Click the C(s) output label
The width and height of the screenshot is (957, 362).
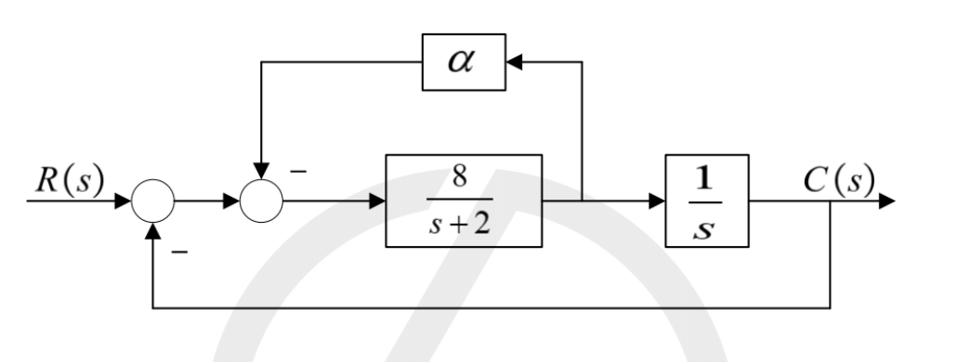pos(839,180)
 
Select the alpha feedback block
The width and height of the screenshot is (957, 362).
pos(464,62)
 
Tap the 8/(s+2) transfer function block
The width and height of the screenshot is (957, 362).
pos(464,200)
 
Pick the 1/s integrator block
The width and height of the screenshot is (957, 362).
pos(707,200)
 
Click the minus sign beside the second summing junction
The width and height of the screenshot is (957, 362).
pos(298,172)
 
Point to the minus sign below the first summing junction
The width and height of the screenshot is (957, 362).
pos(179,252)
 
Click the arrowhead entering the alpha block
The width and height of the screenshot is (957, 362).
pos(514,62)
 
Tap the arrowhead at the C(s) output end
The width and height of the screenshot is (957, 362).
pos(886,200)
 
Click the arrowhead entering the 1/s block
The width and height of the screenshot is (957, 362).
pos(657,200)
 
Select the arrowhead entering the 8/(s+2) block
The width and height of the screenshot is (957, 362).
pos(377,200)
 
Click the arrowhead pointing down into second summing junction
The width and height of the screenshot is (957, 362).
pos(261,171)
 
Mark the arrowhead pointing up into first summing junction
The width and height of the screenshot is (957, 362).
pos(152,230)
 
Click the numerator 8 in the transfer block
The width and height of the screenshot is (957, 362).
pos(460,176)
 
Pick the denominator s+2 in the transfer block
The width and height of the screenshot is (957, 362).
pos(460,225)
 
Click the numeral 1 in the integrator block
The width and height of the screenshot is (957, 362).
pos(704,178)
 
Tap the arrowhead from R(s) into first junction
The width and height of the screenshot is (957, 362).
pos(124,200)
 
